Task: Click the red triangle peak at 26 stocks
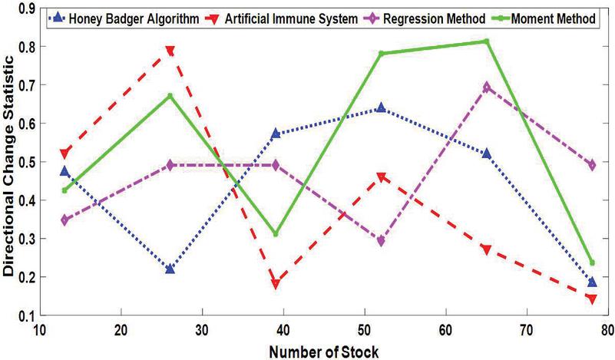[170, 51]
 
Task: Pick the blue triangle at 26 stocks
[170, 269]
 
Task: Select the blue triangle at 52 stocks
[380, 107]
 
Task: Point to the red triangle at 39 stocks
[275, 284]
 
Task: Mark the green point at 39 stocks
[275, 234]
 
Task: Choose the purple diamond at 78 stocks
[591, 165]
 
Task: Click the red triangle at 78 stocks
[591, 299]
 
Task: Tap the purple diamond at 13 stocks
[65, 220]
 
